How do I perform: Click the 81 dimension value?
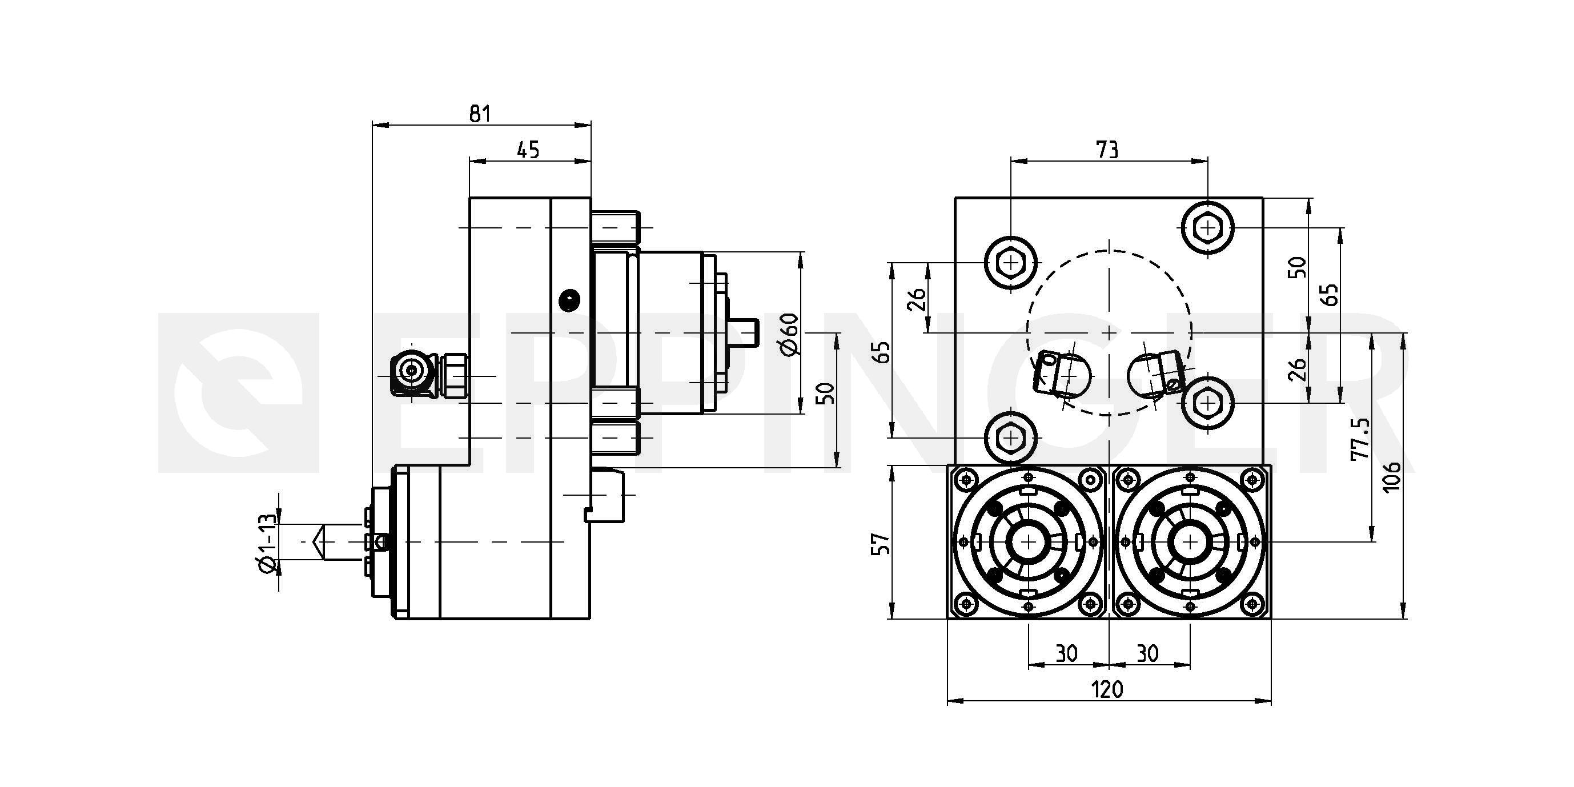click(x=480, y=114)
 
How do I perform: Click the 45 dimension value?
click(x=528, y=150)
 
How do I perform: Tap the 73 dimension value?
click(x=1108, y=150)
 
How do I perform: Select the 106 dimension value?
click(x=1391, y=476)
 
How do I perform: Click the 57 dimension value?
click(x=881, y=543)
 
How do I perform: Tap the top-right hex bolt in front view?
click(x=1207, y=228)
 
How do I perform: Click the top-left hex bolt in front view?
click(x=1011, y=263)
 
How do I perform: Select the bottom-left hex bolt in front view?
click(x=1011, y=437)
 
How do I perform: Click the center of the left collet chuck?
click(x=1029, y=542)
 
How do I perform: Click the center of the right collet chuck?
click(x=1190, y=542)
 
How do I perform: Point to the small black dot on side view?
click(x=569, y=299)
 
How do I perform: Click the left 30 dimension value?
click(x=1067, y=654)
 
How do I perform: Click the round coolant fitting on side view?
click(x=412, y=370)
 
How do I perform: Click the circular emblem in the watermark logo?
click(x=238, y=392)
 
